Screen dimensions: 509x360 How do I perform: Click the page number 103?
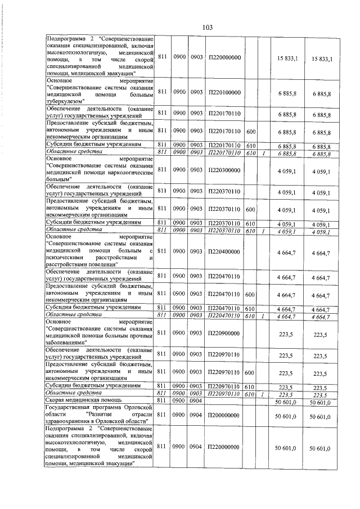coord(206,27)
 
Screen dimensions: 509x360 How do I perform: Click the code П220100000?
coord(224,92)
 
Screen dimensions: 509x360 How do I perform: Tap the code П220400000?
coord(224,253)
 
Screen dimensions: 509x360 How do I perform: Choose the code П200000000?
coord(224,416)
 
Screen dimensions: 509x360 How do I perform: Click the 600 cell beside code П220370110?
coord(251,209)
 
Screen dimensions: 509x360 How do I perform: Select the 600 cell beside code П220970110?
coord(251,373)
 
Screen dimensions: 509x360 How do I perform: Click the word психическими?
coord(65,258)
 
